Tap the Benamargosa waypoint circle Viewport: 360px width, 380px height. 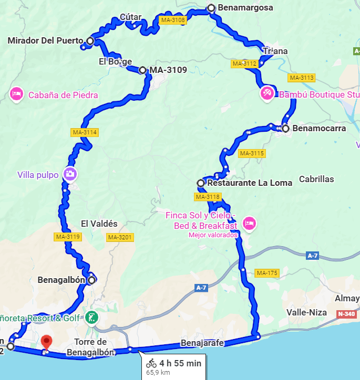click(211, 8)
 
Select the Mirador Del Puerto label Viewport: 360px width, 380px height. click(46, 40)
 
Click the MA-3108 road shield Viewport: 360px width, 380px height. click(173, 20)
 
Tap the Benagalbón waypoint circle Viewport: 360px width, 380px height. click(91, 280)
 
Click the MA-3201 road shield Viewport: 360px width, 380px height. click(120, 237)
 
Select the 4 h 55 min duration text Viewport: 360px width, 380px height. click(180, 363)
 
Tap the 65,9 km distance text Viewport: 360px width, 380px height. click(158, 373)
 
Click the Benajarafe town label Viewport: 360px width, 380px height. click(203, 343)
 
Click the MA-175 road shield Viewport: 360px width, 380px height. click(266, 273)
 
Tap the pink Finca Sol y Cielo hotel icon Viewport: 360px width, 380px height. click(249, 224)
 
